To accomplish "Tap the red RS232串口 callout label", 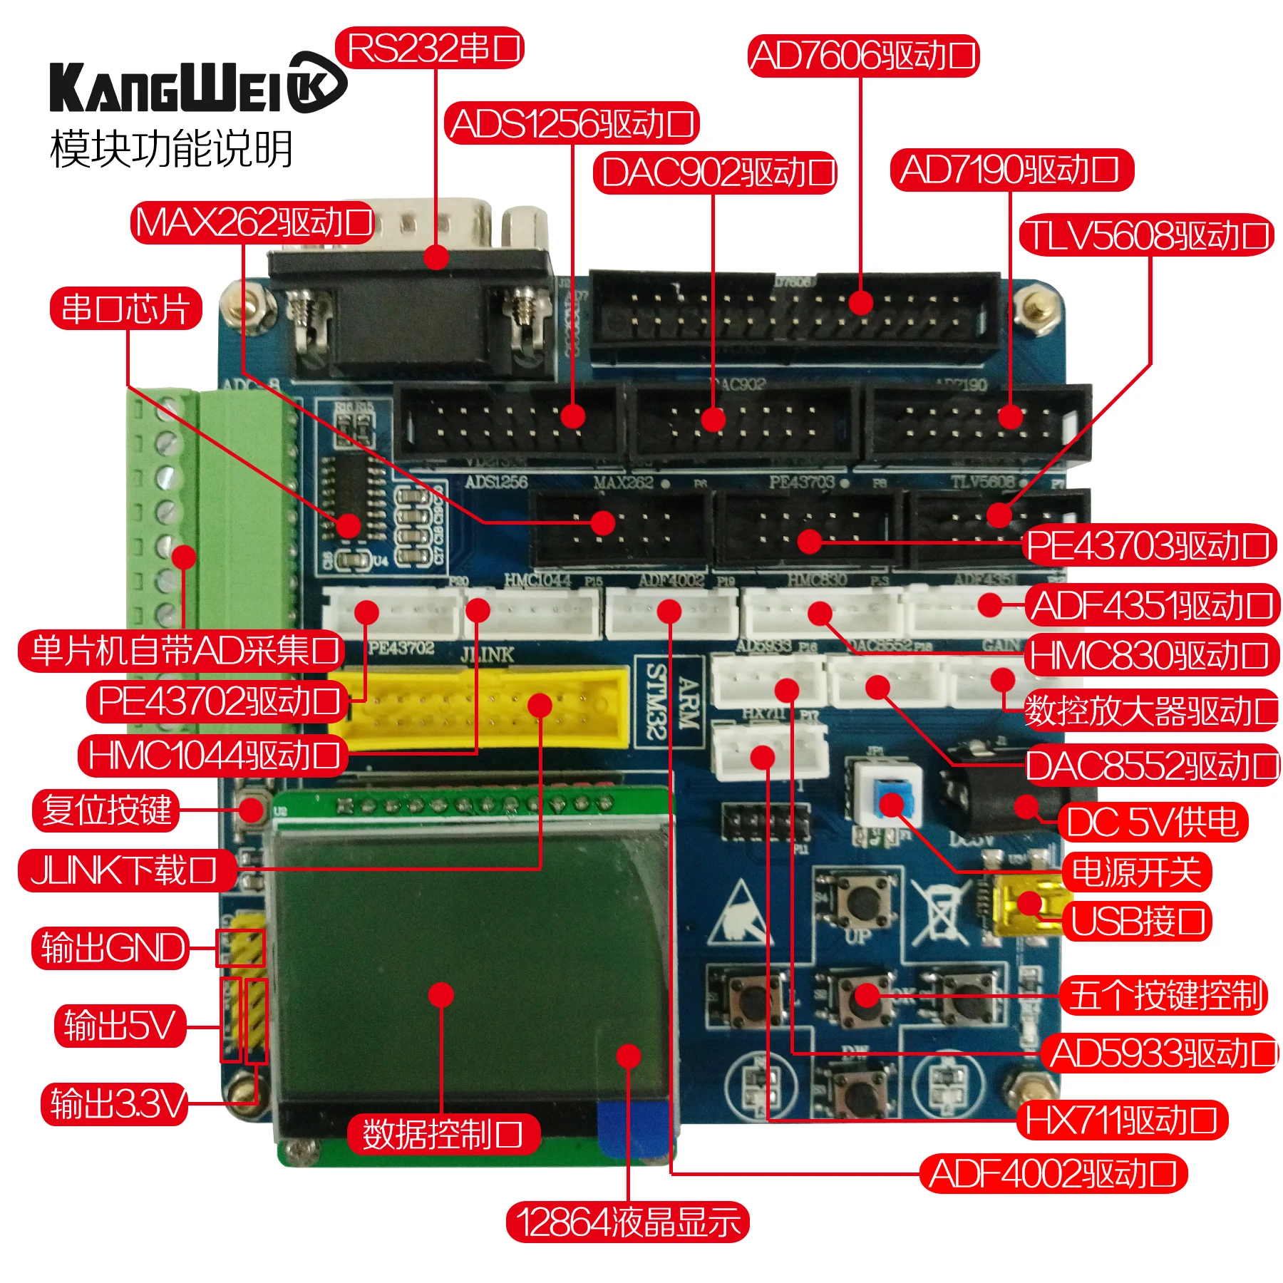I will [430, 48].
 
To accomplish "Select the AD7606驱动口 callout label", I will [863, 56].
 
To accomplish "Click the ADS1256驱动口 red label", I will [572, 123].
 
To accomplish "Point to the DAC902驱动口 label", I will [715, 172].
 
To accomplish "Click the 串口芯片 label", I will [125, 309].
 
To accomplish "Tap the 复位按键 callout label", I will [105, 810].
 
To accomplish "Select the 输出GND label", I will [111, 948].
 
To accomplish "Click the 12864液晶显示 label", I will [627, 1222].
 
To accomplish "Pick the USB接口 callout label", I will [1137, 920].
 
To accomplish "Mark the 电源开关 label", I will [1136, 872].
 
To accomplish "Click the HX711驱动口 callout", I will [1121, 1120].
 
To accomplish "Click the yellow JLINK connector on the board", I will [485, 707].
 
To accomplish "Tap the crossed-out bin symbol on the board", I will [941, 912].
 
